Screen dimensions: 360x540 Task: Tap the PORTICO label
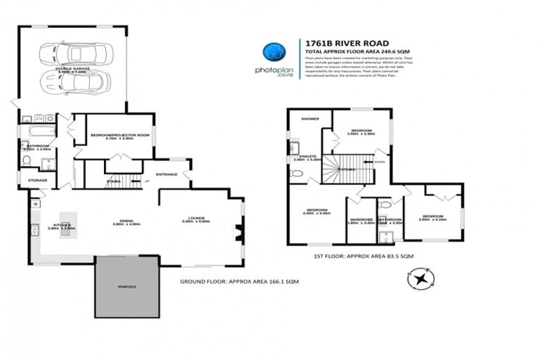coord(127,288)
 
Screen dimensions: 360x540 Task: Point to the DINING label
coord(127,221)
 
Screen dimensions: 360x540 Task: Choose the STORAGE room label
coord(37,180)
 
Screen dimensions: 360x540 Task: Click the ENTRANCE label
coord(167,174)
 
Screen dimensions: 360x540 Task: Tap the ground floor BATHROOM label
coord(37,146)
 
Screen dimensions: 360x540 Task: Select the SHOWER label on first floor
coord(310,119)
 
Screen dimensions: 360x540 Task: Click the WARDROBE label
coord(361,219)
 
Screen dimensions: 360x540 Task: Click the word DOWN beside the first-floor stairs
coord(379,161)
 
